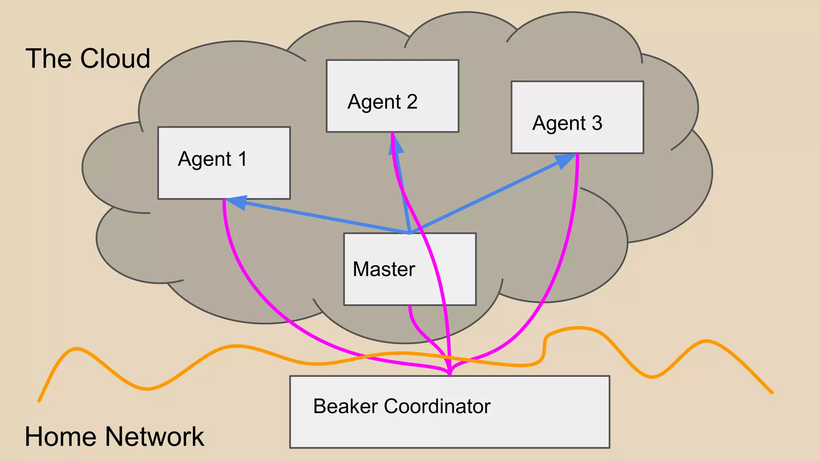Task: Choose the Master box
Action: [384, 288]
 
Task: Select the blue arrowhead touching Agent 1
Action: [237, 202]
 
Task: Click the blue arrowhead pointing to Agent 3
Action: [565, 160]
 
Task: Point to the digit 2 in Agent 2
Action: [412, 102]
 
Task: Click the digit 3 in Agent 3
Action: [597, 123]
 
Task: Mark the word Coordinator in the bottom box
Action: [437, 407]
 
